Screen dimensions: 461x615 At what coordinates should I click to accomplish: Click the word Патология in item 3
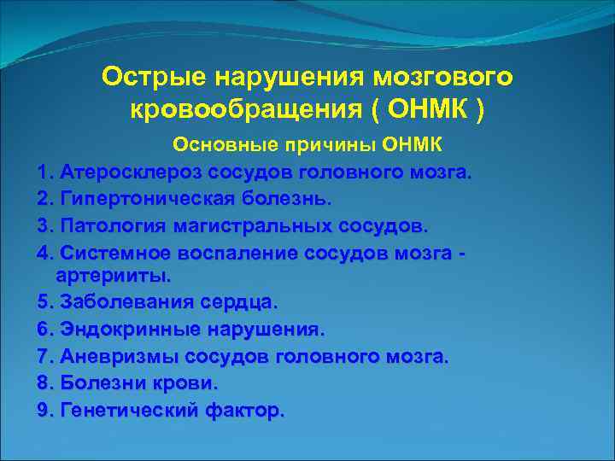tap(108, 227)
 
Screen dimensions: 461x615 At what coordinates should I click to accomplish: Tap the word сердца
tap(239, 302)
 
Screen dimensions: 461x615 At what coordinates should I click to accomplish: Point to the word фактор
tap(243, 411)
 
